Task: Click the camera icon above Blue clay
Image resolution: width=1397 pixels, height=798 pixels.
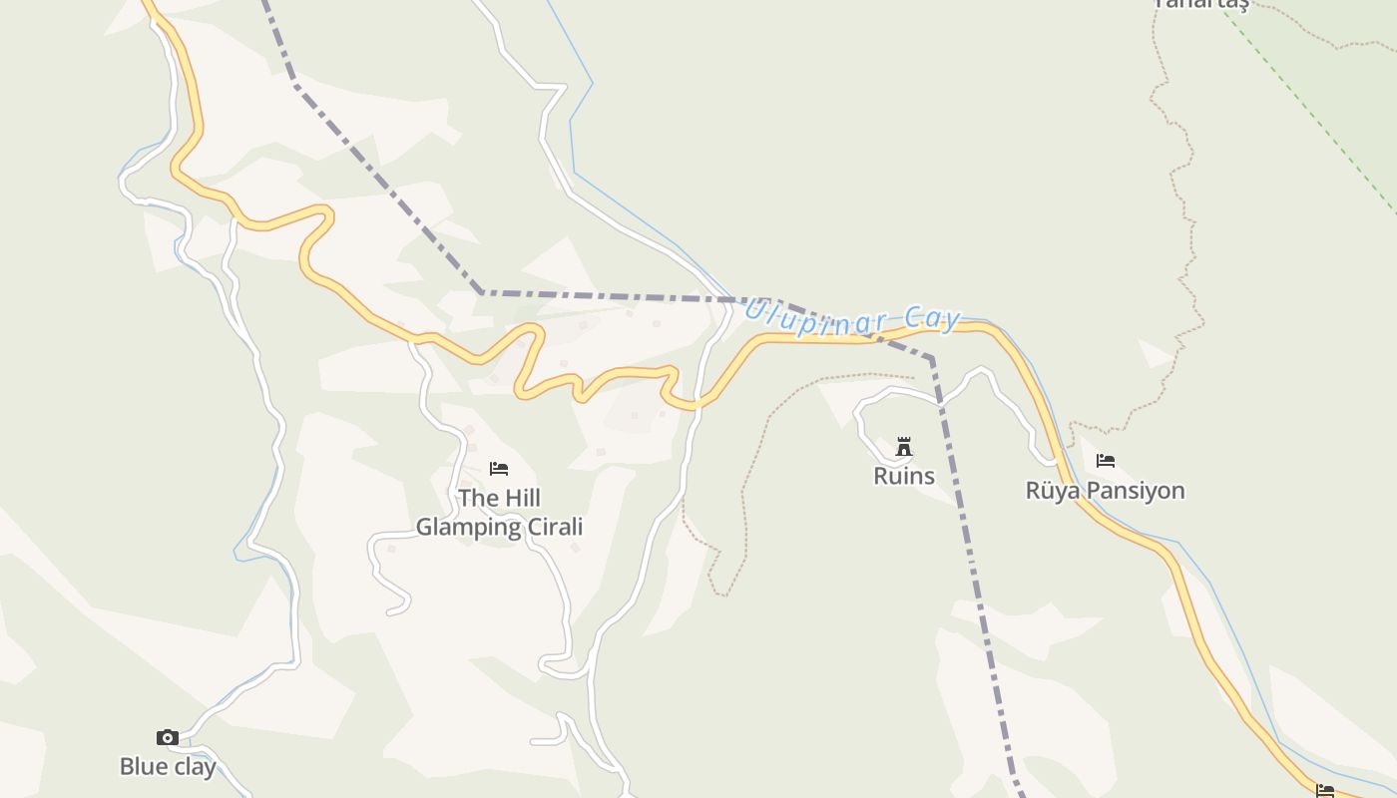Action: pyautogui.click(x=168, y=738)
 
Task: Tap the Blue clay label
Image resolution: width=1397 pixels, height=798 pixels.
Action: pyautogui.click(x=168, y=767)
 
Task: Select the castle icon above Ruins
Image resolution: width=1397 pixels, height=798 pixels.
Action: pyautogui.click(x=904, y=446)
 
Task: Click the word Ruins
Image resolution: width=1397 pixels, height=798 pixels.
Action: pyautogui.click(x=904, y=476)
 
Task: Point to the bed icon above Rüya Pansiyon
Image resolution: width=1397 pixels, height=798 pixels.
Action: pyautogui.click(x=1106, y=461)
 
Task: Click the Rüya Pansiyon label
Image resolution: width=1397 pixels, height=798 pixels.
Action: pyautogui.click(x=1106, y=491)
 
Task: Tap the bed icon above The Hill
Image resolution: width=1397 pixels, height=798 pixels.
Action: pyautogui.click(x=499, y=468)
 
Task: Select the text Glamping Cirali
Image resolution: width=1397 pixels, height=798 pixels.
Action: pyautogui.click(x=499, y=527)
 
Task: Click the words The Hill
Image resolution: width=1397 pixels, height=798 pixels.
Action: pyautogui.click(x=499, y=498)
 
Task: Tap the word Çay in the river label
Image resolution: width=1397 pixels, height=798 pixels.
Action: pyautogui.click(x=934, y=319)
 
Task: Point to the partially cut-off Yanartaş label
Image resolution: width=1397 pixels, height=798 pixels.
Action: pyautogui.click(x=1201, y=4)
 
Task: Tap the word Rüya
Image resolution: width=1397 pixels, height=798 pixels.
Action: pyautogui.click(x=1053, y=491)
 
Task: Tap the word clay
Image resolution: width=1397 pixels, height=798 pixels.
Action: pyautogui.click(x=194, y=767)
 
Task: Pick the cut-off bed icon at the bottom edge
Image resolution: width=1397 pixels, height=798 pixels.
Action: pyautogui.click(x=1325, y=791)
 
